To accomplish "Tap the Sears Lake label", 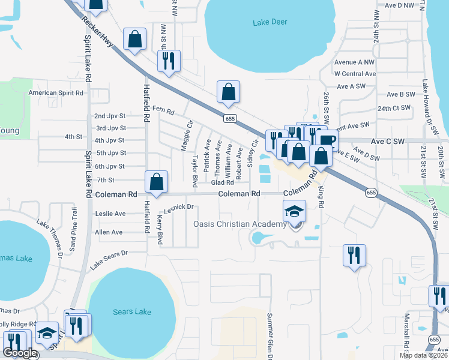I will [132, 311].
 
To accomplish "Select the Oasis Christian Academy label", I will [240, 224].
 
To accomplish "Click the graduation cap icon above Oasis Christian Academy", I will [295, 211].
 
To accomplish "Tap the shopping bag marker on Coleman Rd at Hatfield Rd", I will [156, 182].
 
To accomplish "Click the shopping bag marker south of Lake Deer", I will [229, 92].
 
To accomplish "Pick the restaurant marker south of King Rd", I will [354, 254].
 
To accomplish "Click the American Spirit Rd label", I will [57, 93].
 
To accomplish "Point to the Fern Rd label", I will [163, 110].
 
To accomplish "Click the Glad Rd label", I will [221, 183].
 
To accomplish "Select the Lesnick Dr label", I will [178, 208].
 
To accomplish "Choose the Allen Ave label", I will [109, 232].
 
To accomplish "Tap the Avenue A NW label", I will [354, 62].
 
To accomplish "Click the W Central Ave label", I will [355, 74].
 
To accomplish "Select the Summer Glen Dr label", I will [270, 336].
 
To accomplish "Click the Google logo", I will [20, 353].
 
